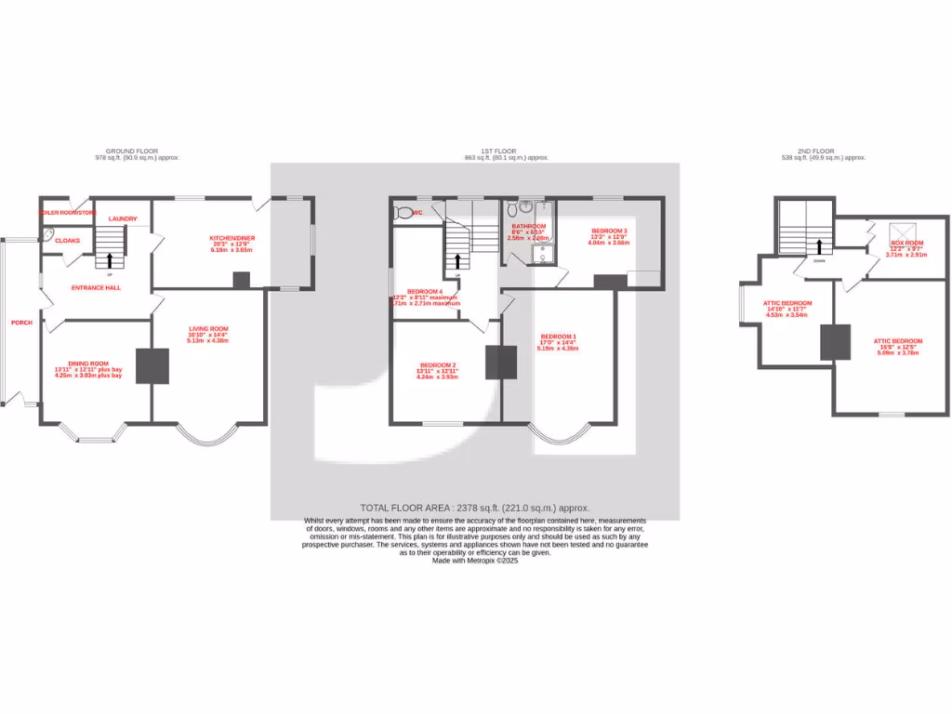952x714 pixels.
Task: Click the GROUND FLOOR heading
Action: [131, 151]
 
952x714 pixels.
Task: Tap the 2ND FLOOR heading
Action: [816, 151]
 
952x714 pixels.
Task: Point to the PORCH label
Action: [20, 323]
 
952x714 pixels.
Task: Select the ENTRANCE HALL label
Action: [96, 288]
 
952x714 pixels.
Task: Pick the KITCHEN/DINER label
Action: [231, 238]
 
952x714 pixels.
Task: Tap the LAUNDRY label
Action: [122, 219]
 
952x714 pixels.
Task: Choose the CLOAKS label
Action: [68, 241]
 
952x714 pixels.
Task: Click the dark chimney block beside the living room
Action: [152, 365]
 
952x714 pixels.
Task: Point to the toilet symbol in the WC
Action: [403, 213]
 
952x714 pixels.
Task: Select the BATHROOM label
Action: [528, 226]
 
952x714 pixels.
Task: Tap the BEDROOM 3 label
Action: [609, 231]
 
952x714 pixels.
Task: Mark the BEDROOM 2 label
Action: [437, 364]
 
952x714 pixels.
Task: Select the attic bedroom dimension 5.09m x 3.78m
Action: [897, 352]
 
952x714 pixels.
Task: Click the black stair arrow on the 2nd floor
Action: [819, 246]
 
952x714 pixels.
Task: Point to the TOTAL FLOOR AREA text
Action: [475, 508]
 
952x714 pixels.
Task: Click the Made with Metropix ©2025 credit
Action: [475, 561]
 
